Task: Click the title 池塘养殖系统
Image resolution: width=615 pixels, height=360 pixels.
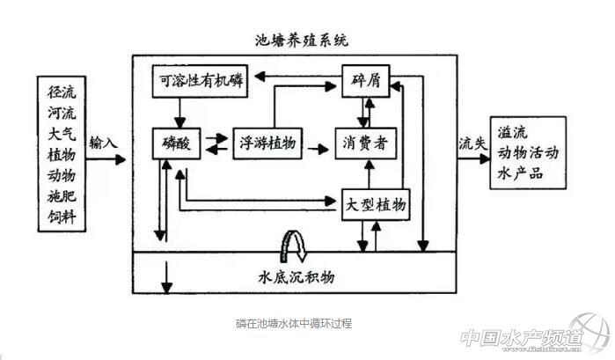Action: click(x=294, y=40)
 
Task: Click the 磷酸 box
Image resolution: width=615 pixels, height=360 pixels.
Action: click(x=182, y=142)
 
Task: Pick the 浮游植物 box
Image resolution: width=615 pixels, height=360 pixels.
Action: click(x=268, y=142)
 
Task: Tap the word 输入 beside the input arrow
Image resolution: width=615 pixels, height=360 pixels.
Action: click(x=103, y=141)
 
